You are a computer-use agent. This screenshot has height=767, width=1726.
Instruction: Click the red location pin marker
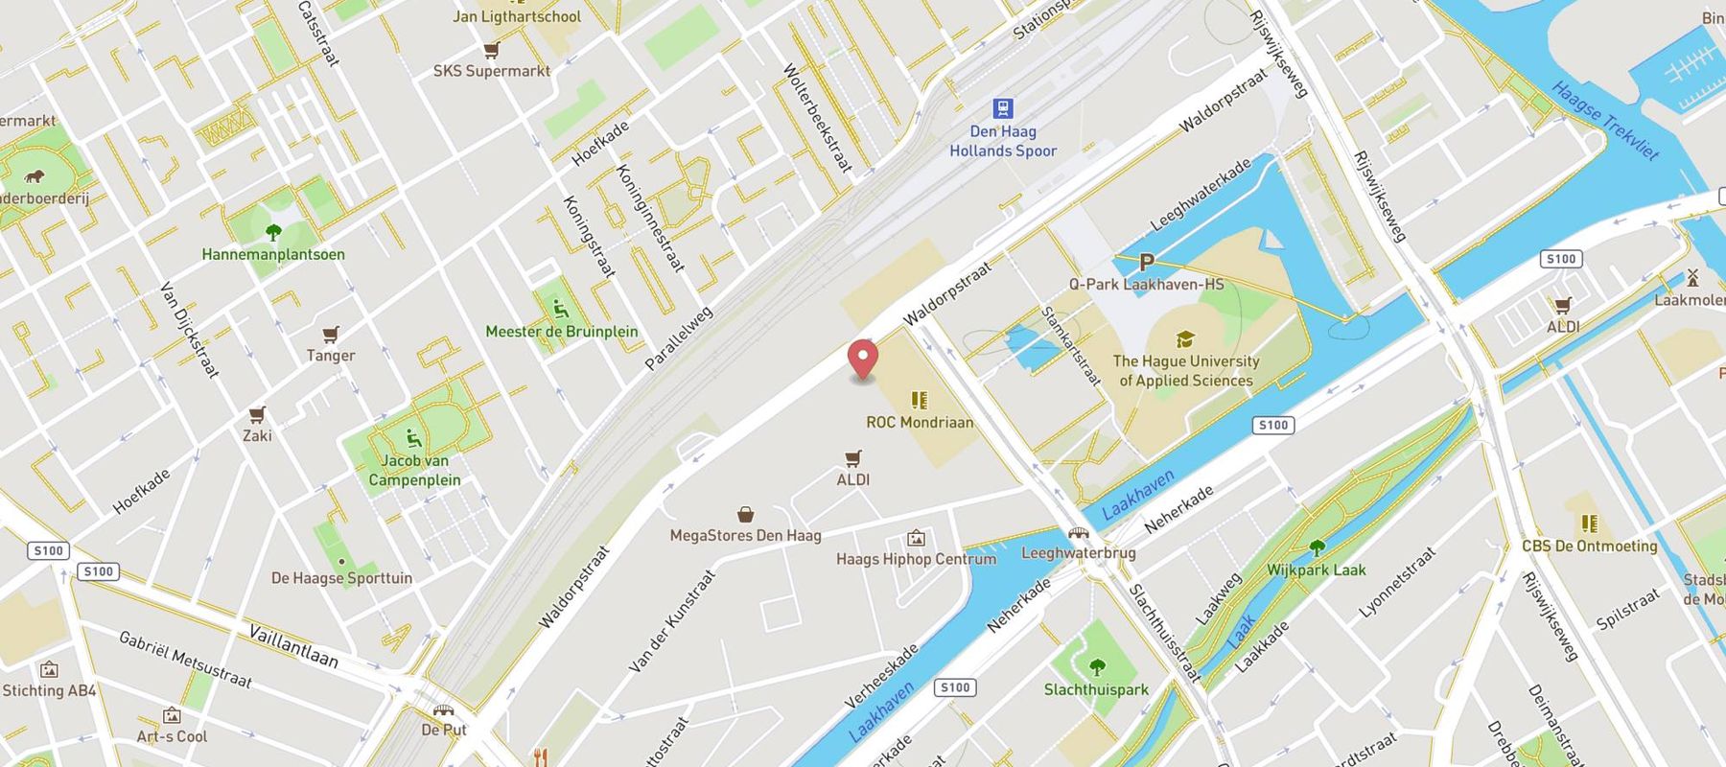[x=864, y=359]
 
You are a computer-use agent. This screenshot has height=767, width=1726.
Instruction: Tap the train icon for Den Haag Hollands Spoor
[x=1003, y=108]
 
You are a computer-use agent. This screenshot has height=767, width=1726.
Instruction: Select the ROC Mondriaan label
[x=919, y=422]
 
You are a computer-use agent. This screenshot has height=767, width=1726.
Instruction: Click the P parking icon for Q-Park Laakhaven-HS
[x=1146, y=262]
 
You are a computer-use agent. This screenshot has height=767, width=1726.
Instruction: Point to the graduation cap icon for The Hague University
[x=1185, y=339]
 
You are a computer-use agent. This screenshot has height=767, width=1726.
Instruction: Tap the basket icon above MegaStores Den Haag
[x=745, y=515]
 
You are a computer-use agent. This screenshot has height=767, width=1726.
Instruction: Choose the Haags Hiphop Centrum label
[x=916, y=559]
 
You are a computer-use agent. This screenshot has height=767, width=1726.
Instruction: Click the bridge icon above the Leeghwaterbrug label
[x=1079, y=533]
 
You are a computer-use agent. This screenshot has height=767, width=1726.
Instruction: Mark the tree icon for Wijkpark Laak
[x=1317, y=547]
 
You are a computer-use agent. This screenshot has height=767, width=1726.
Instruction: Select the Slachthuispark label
[x=1096, y=689]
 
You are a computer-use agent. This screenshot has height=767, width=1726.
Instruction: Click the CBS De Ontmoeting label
[x=1589, y=546]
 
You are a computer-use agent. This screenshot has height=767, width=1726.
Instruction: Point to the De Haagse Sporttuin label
[x=341, y=578]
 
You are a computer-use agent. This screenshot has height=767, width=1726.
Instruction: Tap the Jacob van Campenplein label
[x=414, y=471]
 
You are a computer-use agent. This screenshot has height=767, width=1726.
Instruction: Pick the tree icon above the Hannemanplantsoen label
[x=273, y=232]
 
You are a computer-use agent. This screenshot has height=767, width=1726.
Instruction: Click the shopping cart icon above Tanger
[x=331, y=335]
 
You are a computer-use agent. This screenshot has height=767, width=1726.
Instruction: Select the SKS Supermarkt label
[x=492, y=71]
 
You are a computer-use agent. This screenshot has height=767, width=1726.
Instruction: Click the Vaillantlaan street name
[x=292, y=645]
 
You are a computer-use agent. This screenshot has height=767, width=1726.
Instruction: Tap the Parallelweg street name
[x=679, y=338]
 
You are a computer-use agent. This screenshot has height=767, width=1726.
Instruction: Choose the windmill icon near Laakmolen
[x=1692, y=278]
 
